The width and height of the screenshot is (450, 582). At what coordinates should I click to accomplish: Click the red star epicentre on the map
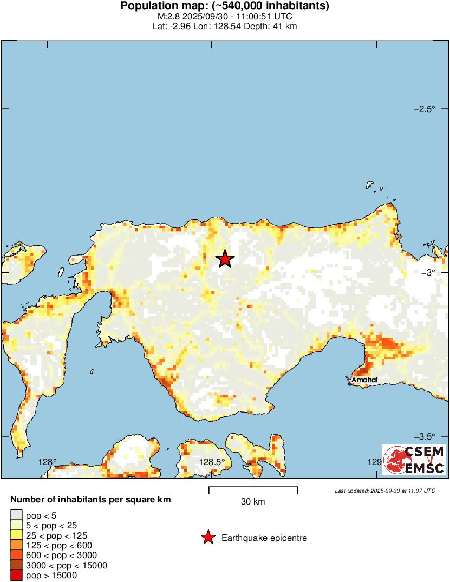point(225,259)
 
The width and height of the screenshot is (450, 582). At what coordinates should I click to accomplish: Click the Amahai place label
point(364,380)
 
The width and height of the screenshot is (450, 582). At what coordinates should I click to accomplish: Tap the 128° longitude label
point(47,462)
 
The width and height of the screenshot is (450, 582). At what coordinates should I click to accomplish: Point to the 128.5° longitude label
point(212,462)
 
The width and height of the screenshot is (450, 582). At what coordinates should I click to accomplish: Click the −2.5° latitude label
point(425,109)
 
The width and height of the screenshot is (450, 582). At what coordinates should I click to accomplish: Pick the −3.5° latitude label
point(425,436)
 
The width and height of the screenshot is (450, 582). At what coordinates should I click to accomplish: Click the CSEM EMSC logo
point(414,460)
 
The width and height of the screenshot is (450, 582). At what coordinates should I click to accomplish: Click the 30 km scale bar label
point(253,502)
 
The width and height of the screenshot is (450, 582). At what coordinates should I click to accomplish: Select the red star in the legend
point(207,538)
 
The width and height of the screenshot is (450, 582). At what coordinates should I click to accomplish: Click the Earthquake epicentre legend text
point(264,538)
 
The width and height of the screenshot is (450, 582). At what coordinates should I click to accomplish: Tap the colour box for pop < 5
point(16,515)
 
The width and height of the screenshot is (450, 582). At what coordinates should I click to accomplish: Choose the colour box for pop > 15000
point(16,576)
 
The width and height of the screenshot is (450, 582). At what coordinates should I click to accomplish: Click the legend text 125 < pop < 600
point(59,545)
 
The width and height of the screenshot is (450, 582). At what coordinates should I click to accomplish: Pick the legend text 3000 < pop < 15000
point(67,566)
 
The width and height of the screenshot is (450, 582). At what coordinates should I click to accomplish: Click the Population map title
point(225,6)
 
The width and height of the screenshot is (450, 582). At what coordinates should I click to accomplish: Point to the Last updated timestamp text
point(384,491)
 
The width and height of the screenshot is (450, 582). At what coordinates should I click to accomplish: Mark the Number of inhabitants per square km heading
point(90,500)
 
